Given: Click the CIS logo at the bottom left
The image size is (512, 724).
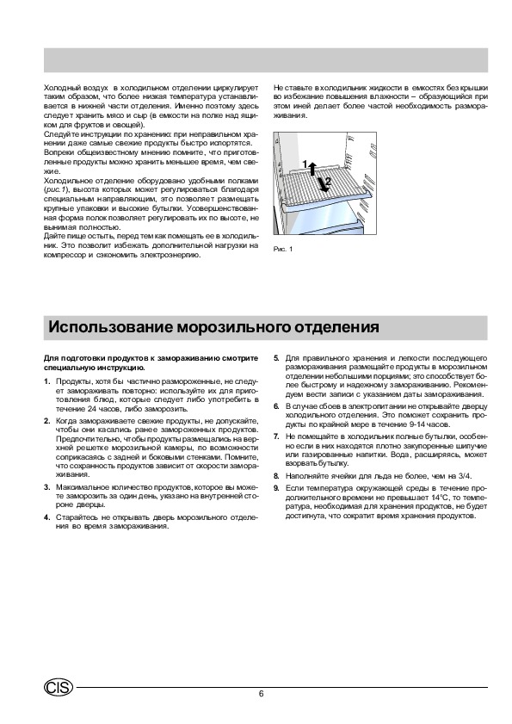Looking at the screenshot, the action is click(x=59, y=688).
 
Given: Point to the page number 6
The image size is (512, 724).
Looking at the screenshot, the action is click(x=262, y=694).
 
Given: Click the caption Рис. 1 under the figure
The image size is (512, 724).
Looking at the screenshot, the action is click(x=283, y=250).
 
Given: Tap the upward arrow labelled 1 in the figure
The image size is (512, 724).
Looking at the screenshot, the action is click(x=312, y=169).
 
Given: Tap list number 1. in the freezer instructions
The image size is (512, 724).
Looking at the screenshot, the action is click(x=46, y=381).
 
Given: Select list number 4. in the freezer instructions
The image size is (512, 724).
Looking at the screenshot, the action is click(x=46, y=517).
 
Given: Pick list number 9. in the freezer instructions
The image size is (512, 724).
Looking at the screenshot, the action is click(x=276, y=488).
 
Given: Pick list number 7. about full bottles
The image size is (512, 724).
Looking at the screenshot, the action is click(x=276, y=436).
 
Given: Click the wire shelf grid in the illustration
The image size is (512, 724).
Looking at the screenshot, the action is click(x=324, y=185).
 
